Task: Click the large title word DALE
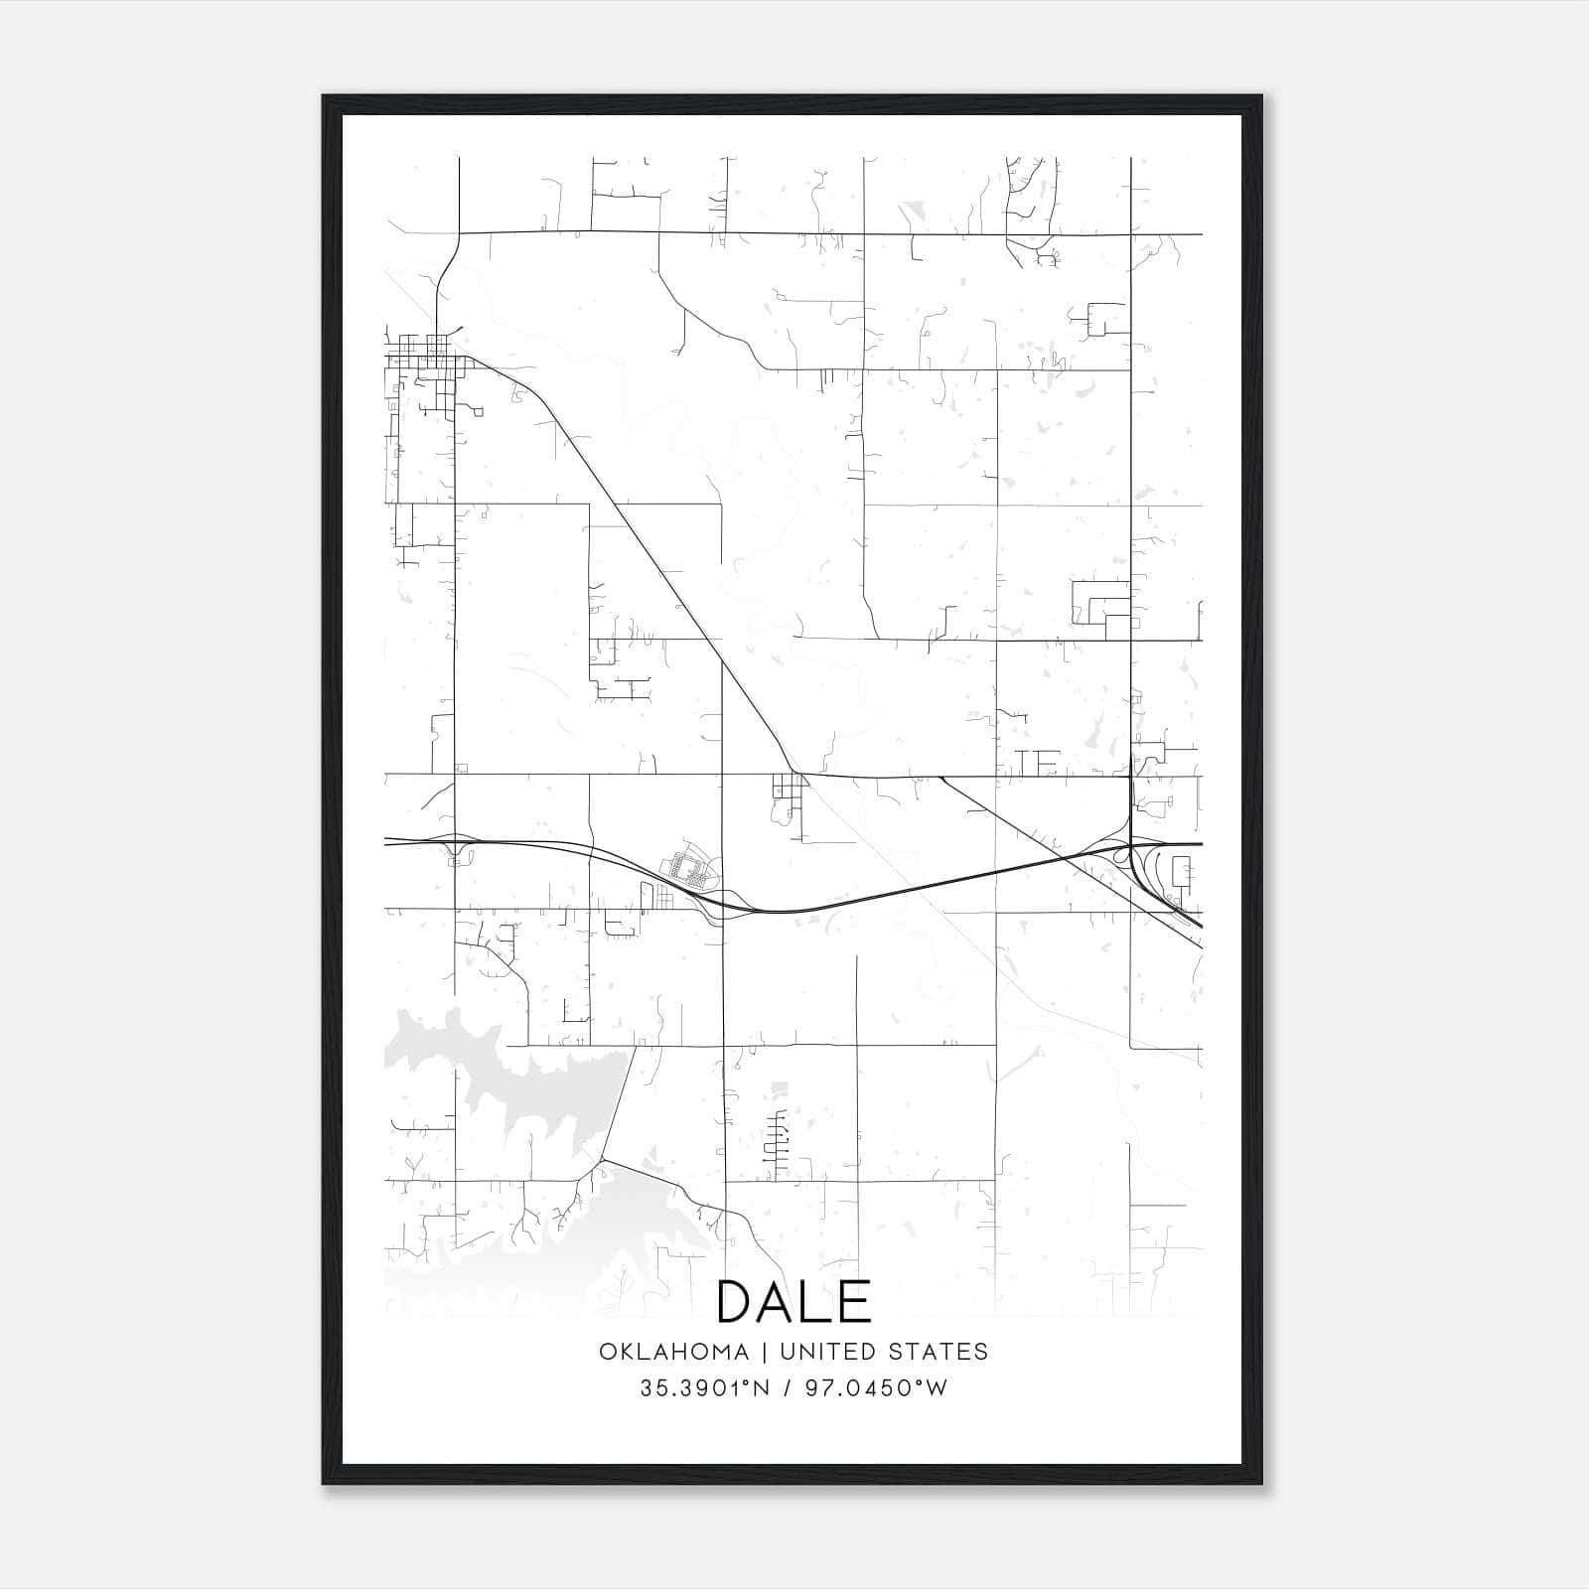794,1301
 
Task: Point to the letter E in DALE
854,1301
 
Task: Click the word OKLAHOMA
673,1352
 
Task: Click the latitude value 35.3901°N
705,1388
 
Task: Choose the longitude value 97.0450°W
878,1388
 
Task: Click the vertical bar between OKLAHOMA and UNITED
765,1352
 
